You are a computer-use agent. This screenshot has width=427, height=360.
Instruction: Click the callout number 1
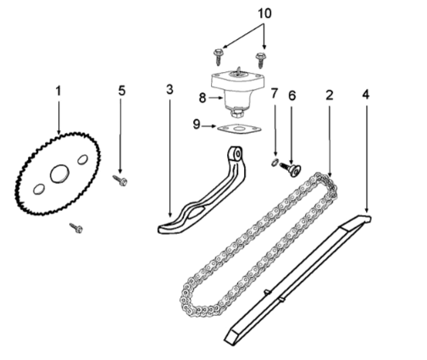58,91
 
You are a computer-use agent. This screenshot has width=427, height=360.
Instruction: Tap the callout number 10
264,14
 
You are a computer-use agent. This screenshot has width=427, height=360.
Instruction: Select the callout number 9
197,125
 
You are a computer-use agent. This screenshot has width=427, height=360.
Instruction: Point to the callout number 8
202,98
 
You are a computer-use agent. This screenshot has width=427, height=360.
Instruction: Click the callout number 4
366,95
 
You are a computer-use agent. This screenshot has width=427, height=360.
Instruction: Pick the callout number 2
330,95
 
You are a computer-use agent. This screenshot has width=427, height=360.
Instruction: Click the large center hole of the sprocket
59,174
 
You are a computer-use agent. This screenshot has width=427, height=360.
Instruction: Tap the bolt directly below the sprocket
76,228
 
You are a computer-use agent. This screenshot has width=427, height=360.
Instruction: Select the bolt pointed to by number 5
120,180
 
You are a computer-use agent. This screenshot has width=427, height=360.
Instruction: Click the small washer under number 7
274,163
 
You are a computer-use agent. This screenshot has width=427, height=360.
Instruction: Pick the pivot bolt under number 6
291,169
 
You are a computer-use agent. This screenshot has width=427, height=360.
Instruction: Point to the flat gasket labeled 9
240,129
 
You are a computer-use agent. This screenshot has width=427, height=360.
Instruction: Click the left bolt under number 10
218,57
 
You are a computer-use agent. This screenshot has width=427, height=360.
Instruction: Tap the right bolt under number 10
261,59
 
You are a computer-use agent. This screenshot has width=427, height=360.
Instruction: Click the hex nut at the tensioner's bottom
236,114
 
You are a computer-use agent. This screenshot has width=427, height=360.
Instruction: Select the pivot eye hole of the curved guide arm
238,154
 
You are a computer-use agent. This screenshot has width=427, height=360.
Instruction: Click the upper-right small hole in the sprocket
83,159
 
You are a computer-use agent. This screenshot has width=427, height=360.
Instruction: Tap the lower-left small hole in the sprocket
39,189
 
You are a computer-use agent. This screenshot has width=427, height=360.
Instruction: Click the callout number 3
169,89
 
